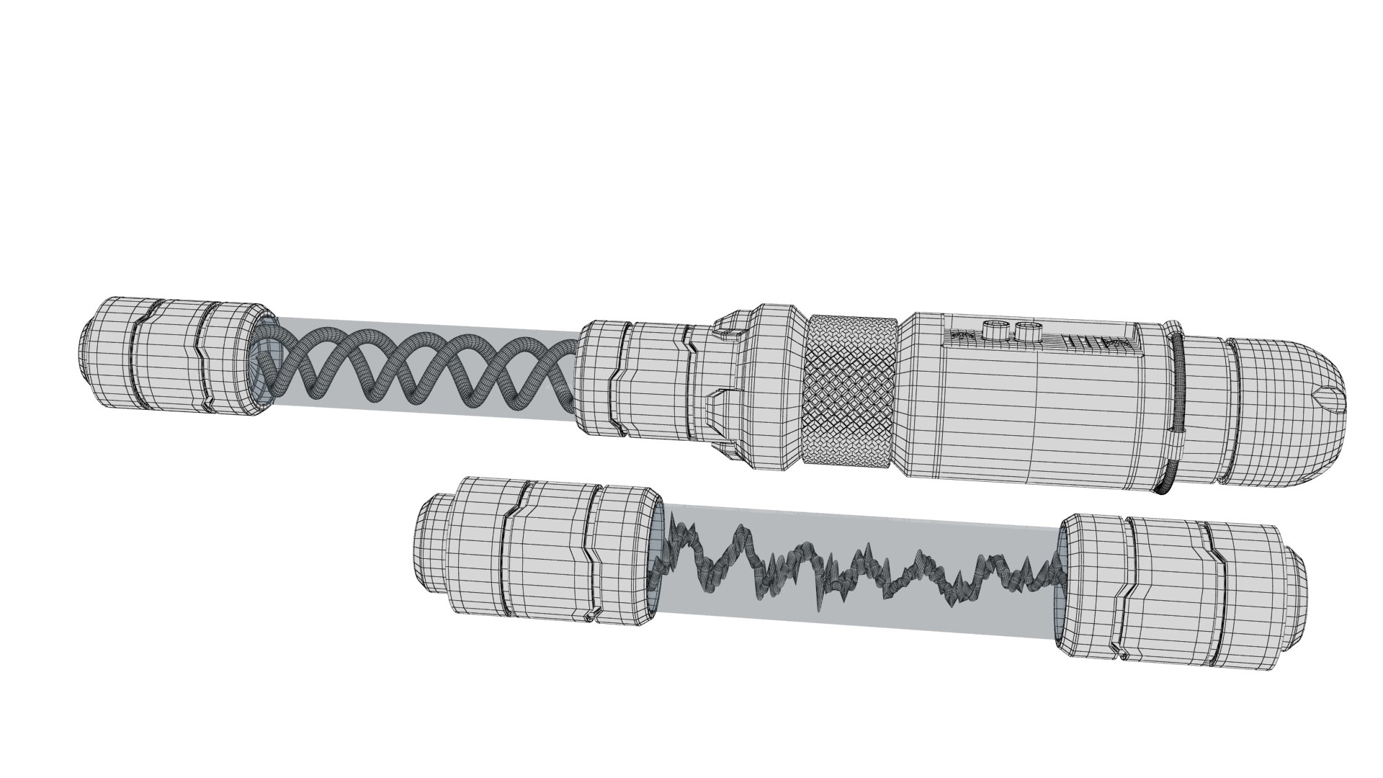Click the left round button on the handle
(995, 331)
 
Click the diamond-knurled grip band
(852, 393)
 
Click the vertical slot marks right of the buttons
(1080, 341)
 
